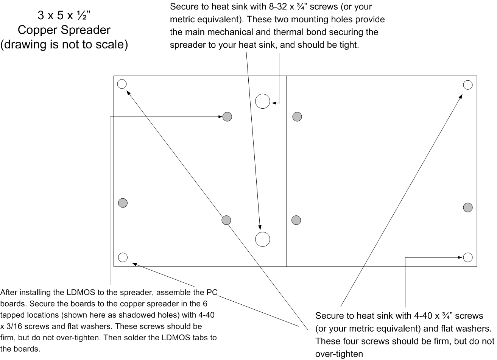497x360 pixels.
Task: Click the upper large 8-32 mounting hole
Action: coord(263,101)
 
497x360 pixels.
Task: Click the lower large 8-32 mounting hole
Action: coord(263,239)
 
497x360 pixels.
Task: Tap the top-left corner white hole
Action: coord(122,84)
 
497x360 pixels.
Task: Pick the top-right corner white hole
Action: coord(468,85)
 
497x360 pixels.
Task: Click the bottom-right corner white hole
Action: coord(468,257)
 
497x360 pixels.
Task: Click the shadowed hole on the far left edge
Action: coord(123,203)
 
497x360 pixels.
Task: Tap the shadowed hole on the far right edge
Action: coord(468,207)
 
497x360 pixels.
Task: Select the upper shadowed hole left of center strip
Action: coord(227,116)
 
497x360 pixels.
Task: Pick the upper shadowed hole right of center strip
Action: coord(297,116)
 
